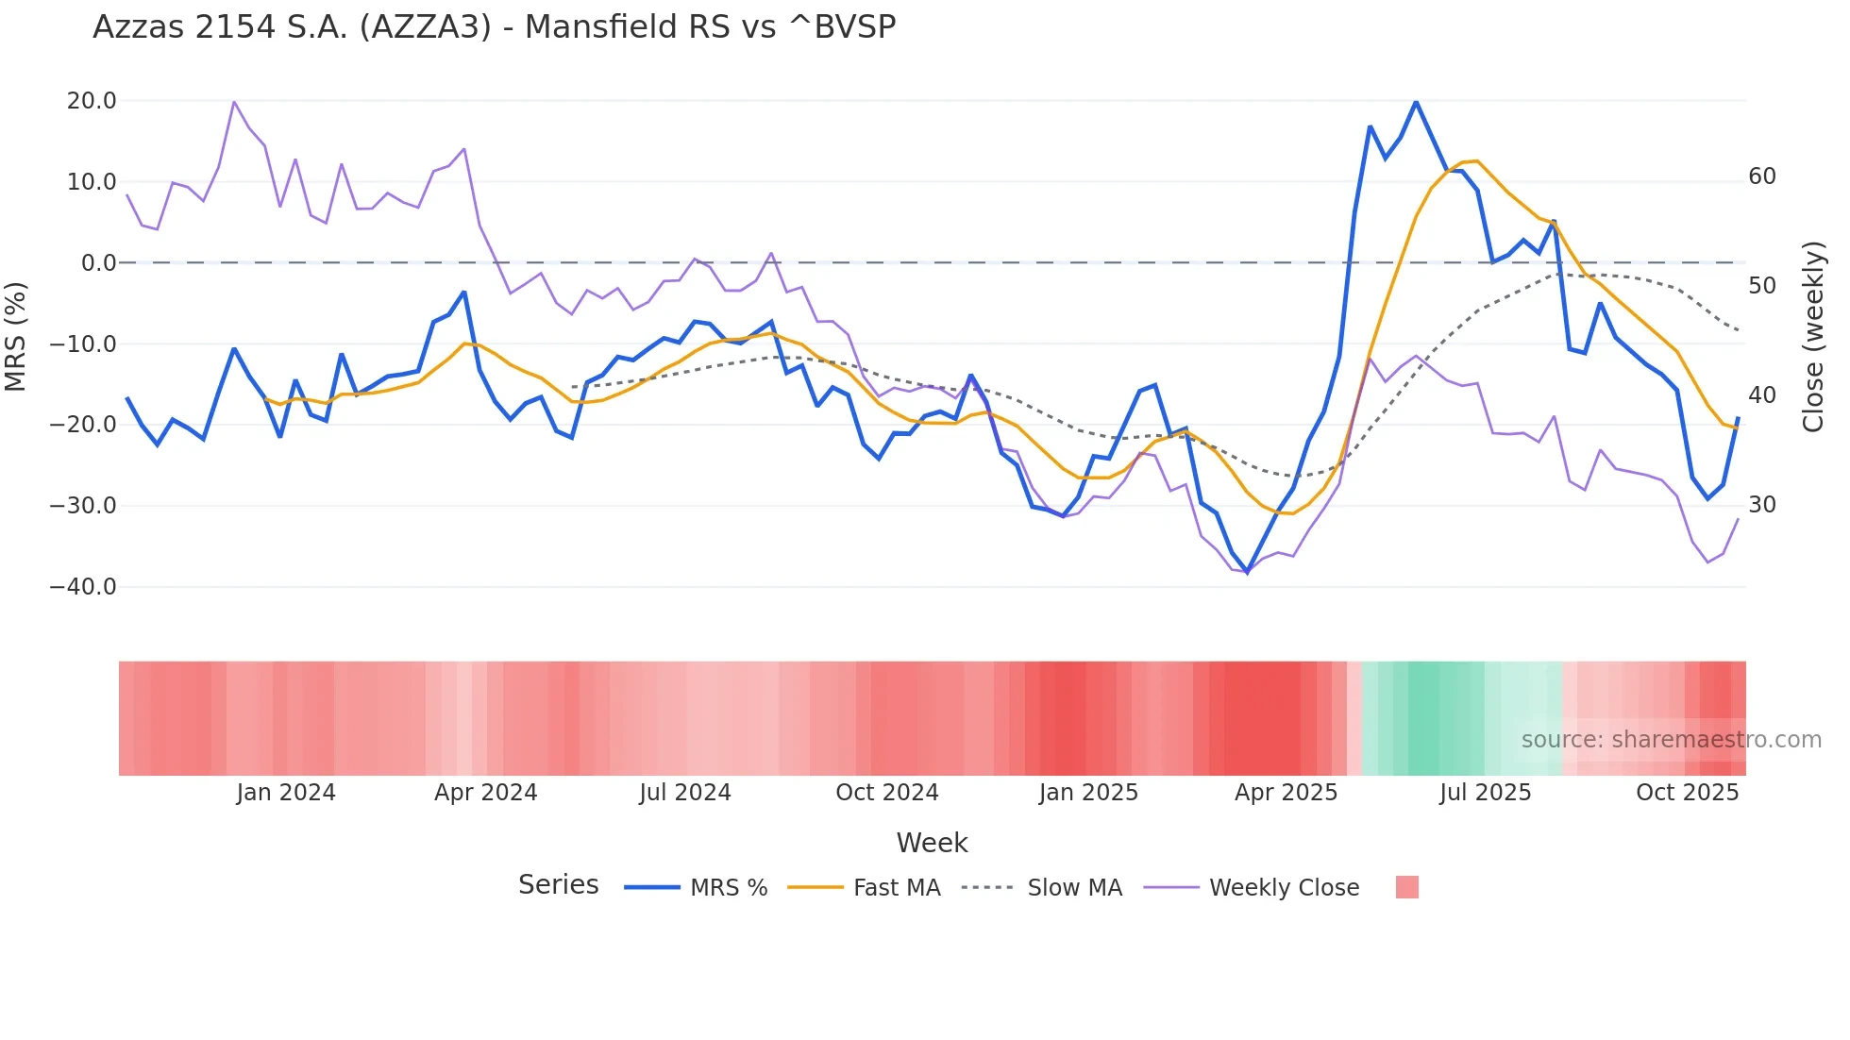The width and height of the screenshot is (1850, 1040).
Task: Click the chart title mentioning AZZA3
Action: [494, 27]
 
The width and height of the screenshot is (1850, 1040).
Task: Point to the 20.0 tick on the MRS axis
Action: [92, 101]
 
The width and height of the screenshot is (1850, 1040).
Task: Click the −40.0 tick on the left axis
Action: [83, 587]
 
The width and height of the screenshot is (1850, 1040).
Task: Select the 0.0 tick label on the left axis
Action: [98, 263]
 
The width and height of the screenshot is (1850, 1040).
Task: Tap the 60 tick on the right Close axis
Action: [1761, 176]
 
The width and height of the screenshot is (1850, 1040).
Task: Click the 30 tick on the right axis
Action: [1761, 505]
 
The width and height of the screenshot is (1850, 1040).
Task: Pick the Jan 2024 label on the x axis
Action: [285, 793]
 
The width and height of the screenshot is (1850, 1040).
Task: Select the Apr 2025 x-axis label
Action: [1286, 793]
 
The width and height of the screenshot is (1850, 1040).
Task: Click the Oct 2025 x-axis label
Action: [1687, 793]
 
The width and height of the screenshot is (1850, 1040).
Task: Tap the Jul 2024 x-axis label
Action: [685, 793]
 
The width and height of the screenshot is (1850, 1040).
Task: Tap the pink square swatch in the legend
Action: [1406, 887]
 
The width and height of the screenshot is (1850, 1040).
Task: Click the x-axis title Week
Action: [932, 843]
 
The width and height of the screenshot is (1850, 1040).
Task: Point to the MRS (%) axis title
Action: [16, 337]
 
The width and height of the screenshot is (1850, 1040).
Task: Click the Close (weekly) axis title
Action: [1813, 337]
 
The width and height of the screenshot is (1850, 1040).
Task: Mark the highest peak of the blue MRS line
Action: [1416, 102]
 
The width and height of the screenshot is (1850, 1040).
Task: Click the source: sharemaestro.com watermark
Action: [1671, 740]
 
